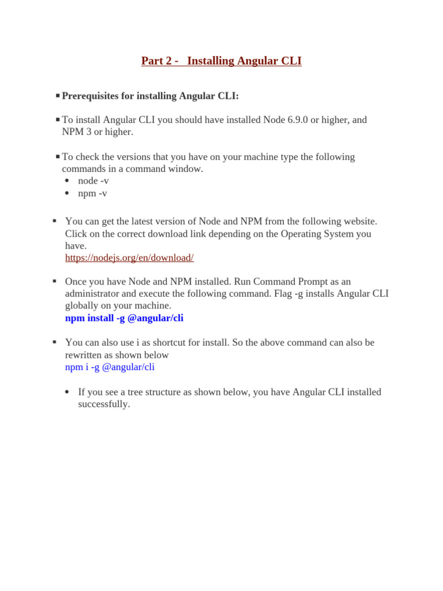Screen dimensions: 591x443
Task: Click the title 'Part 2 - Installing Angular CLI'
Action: point(221,61)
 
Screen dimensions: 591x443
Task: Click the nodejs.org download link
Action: point(129,258)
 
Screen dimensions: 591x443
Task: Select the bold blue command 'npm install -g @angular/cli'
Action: point(124,318)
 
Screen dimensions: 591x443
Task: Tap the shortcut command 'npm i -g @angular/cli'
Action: point(110,367)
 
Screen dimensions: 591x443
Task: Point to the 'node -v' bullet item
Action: point(93,181)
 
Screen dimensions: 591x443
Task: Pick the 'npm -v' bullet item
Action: point(92,193)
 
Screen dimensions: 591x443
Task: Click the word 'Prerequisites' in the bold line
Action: point(90,96)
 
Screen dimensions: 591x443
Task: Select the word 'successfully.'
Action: point(104,404)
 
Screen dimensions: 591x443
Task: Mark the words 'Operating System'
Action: point(316,234)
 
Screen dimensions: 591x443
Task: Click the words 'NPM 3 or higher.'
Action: point(97,132)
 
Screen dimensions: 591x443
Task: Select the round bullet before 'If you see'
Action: point(67,392)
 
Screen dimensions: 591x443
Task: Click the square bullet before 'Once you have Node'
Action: point(54,281)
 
